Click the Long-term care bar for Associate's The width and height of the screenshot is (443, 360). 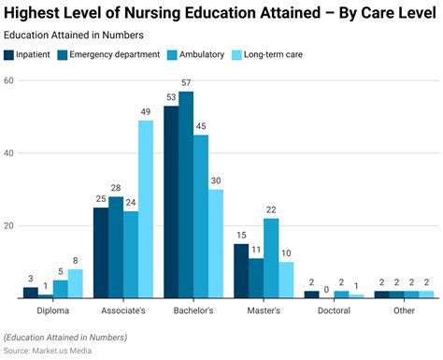(146, 209)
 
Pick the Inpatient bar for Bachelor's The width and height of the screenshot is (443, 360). (171, 202)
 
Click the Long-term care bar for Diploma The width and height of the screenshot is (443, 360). (76, 284)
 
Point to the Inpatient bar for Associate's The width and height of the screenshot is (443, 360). (101, 252)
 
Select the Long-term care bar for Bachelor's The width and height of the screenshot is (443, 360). (216, 244)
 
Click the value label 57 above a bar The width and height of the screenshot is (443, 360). (186, 83)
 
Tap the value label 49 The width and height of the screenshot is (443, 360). (146, 112)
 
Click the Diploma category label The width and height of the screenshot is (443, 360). (53, 310)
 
